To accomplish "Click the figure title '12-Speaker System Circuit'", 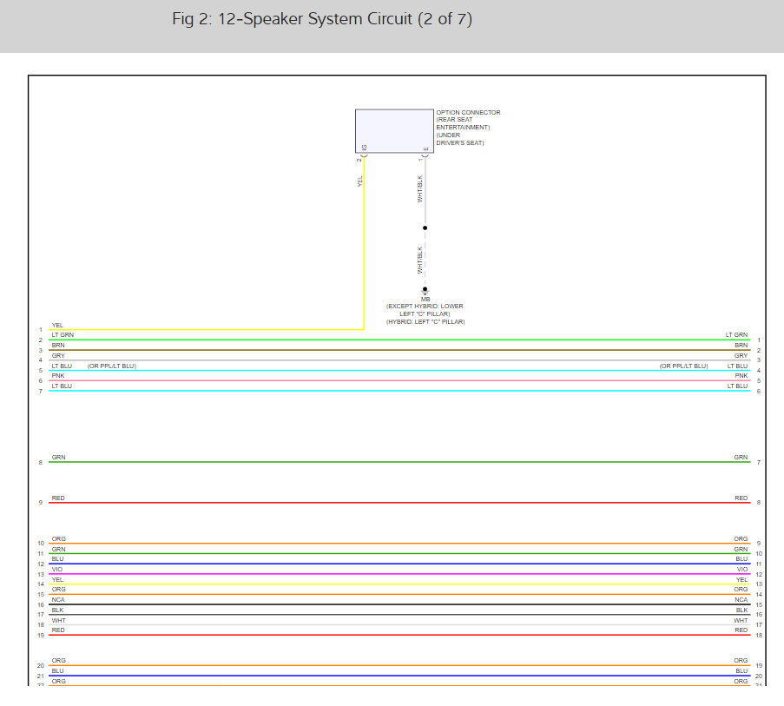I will click(322, 19).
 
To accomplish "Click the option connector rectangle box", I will click(393, 131).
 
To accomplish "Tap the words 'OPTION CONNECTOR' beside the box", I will click(468, 113).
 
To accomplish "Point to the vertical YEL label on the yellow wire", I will click(359, 181).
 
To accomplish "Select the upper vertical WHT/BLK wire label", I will click(420, 189).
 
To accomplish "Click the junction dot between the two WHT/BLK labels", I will click(425, 228).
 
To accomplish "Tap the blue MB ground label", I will click(425, 300).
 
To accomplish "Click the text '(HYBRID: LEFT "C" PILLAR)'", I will click(425, 322).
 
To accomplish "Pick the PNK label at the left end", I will click(58, 376).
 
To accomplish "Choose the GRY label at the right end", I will click(741, 355).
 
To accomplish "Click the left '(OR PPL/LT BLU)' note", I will click(112, 366).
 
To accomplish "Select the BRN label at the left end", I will click(58, 345).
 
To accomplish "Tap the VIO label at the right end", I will click(741, 570).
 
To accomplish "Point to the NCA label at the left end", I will click(59, 599).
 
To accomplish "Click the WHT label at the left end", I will click(58, 620).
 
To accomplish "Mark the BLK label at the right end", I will click(741, 610).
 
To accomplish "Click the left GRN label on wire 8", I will click(58, 457).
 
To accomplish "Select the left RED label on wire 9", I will click(58, 498).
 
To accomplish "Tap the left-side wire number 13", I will click(40, 575).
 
